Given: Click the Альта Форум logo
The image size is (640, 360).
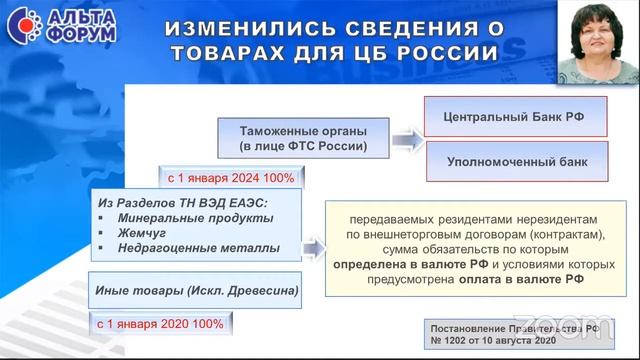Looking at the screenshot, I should pyautogui.click(x=60, y=26).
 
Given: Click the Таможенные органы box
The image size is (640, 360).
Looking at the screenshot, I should pyautogui.click(x=303, y=139).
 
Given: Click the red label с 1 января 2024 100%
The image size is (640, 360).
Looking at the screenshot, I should pyautogui.click(x=231, y=178).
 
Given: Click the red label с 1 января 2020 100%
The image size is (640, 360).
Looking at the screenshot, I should pyautogui.click(x=160, y=324).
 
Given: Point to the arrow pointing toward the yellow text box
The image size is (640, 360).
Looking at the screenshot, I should pyautogui.click(x=314, y=247).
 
